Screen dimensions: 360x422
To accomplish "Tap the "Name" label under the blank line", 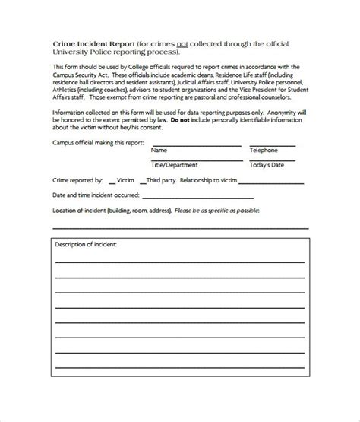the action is click(159, 151).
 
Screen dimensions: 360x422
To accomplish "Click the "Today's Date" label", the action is click(269, 164).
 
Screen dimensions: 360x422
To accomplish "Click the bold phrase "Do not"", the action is click(180, 119).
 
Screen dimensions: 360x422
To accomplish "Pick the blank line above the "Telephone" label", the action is click(278, 144).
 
